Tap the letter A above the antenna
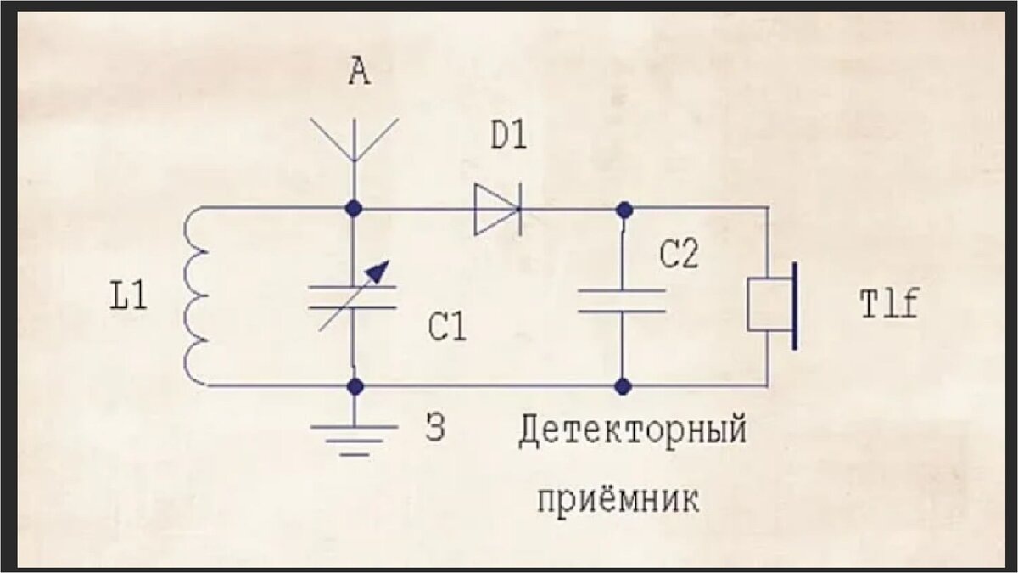pos(360,74)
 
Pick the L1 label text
pos(129,298)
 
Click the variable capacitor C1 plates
pos(354,296)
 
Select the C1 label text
pos(447,329)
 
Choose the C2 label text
pos(679,254)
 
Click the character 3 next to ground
pos(434,430)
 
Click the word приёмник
pos(618,498)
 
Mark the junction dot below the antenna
pos(355,208)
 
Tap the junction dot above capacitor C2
pos(624,209)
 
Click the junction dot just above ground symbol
pos(355,387)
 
